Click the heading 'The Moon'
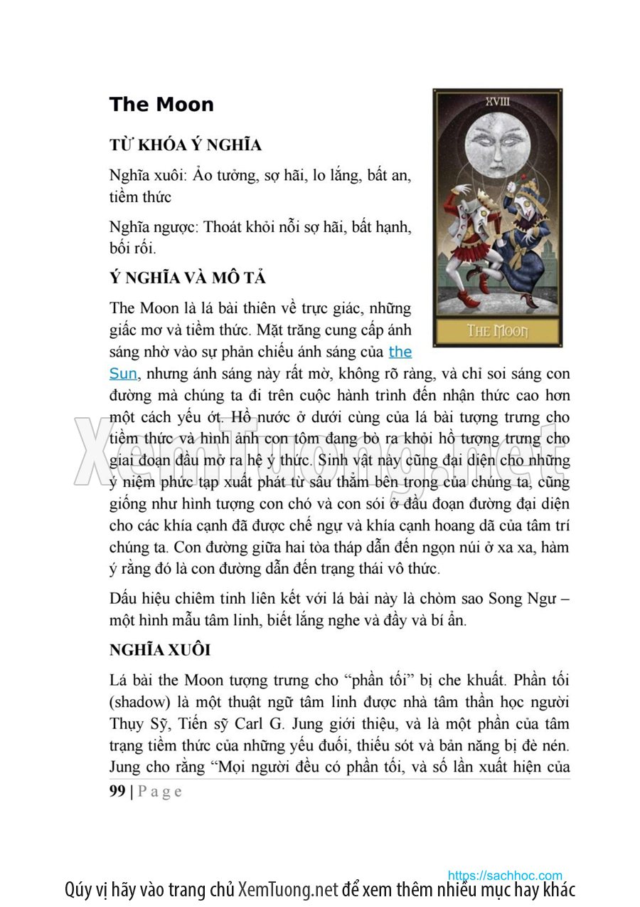point(161,105)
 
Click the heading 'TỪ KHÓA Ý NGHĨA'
point(186,145)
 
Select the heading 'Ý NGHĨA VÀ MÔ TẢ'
point(188,278)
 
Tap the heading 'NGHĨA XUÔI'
point(160,650)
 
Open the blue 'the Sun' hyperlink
point(400,352)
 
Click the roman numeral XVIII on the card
point(497,101)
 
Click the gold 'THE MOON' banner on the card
point(497,331)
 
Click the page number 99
point(117,791)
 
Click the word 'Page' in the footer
point(159,792)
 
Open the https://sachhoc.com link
point(505,875)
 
